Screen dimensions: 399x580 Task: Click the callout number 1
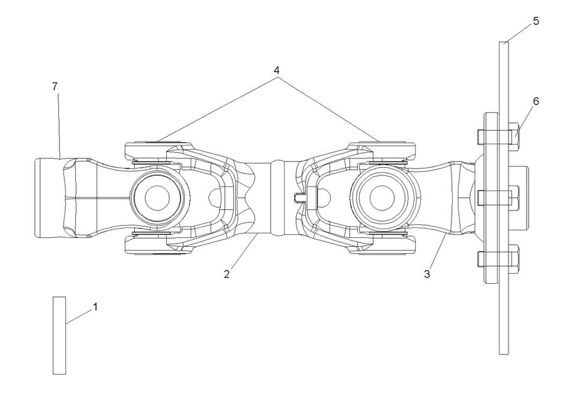pos(95,307)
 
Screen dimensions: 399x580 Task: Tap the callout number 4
pos(276,70)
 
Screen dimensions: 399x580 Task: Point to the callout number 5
pos(535,21)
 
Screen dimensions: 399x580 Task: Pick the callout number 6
pos(535,100)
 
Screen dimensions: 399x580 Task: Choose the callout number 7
pos(55,86)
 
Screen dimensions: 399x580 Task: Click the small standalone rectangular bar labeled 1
pos(59,335)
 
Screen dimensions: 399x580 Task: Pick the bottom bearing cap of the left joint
pos(154,245)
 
